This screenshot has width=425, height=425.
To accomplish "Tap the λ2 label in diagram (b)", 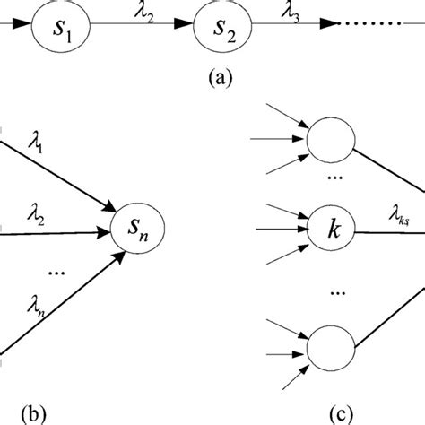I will tap(37, 214).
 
